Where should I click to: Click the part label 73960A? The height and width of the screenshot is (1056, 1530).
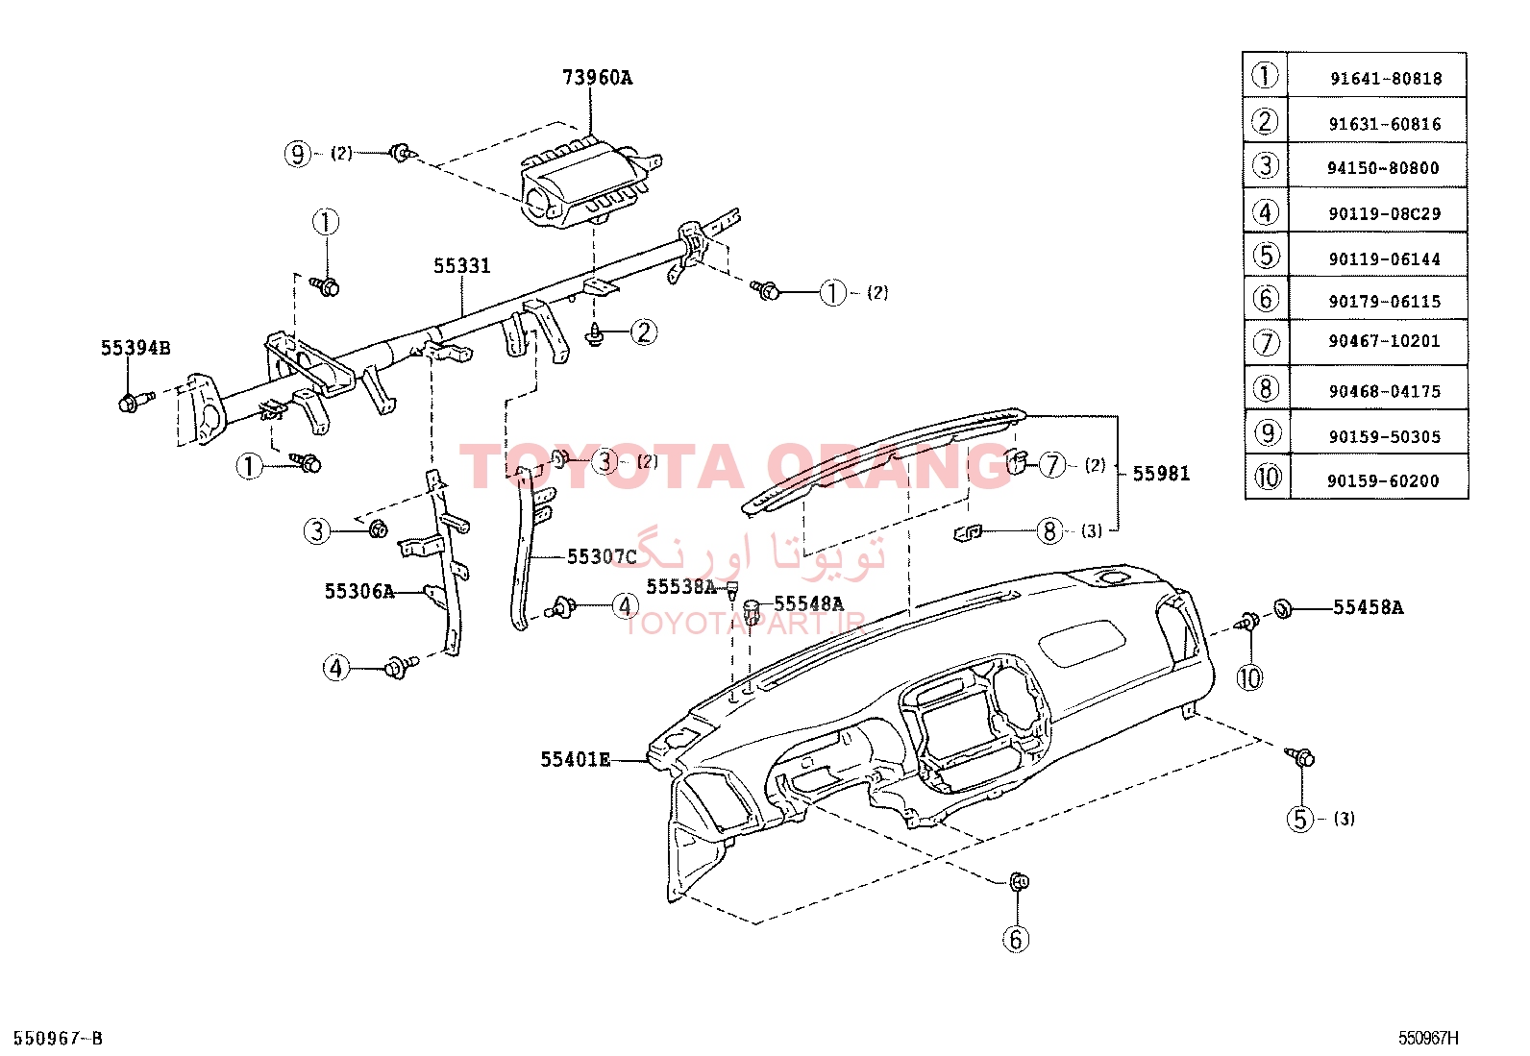597,78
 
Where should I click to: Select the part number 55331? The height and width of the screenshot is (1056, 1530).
461,266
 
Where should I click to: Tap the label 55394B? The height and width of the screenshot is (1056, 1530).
136,348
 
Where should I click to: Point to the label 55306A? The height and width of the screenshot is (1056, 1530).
359,591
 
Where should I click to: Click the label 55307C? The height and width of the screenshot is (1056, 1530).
602,557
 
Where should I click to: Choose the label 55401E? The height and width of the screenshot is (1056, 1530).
575,759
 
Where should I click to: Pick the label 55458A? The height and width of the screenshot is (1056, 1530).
1369,607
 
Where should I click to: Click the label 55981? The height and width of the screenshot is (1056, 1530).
1161,474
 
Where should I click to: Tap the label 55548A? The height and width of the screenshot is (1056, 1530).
808,603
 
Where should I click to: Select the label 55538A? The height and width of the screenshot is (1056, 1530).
681,587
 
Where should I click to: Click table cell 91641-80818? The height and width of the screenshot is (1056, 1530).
1386,79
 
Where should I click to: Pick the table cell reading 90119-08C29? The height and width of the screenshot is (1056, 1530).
1385,214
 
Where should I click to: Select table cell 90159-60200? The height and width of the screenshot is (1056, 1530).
1383,480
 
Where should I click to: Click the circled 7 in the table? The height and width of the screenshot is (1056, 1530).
1267,342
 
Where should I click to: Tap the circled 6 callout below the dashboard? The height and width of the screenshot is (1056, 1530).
1016,939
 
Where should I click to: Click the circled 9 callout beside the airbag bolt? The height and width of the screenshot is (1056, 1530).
298,154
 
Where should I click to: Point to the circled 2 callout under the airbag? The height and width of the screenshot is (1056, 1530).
643,332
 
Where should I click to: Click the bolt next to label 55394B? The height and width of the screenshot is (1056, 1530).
136,401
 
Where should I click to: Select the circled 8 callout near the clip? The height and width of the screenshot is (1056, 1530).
1049,530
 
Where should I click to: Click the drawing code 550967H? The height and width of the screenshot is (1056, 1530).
1428,1039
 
